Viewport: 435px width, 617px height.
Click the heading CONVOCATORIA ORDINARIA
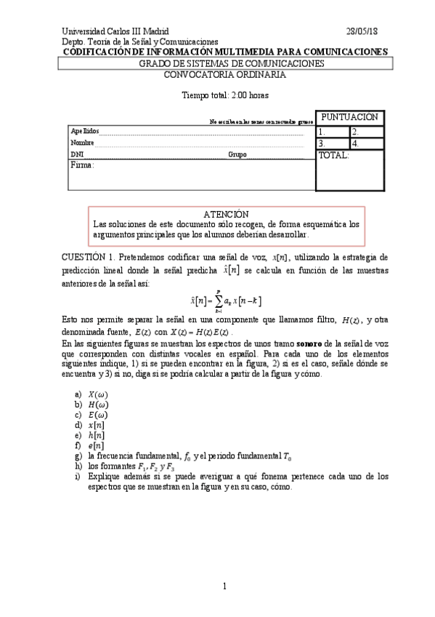tap(224, 74)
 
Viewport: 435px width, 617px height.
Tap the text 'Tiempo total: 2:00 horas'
tap(224, 95)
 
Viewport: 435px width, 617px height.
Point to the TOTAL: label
tap(334, 155)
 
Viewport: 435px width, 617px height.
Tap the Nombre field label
tap(82, 143)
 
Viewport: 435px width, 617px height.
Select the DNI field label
tap(76, 155)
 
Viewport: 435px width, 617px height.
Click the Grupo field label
tap(237, 155)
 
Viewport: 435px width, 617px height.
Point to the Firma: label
tap(82, 166)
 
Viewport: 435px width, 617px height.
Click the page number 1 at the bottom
tap(225, 586)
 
